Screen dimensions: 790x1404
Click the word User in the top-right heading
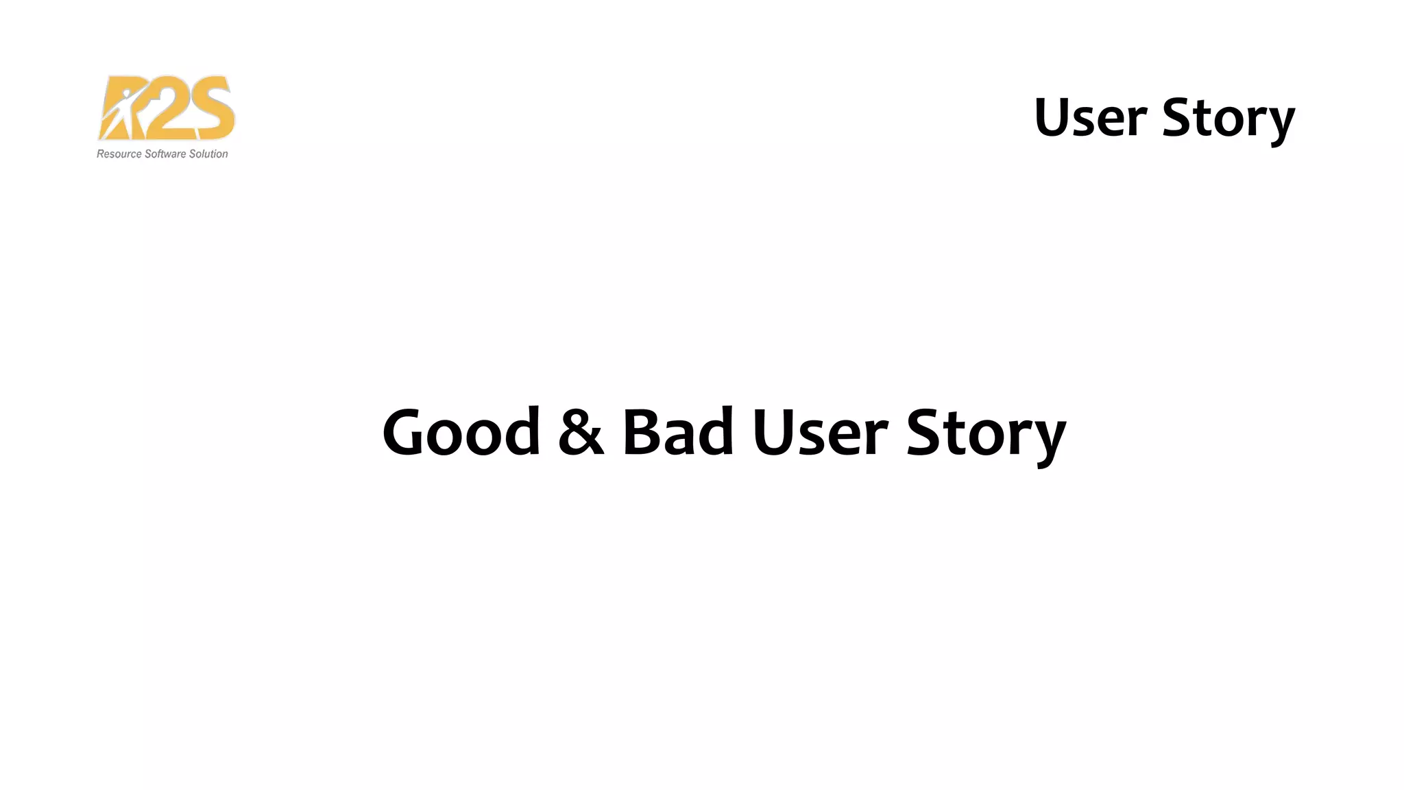click(1090, 118)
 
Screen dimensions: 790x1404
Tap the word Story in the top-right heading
click(1228, 119)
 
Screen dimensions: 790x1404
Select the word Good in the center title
click(461, 432)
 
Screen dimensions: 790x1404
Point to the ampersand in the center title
click(581, 432)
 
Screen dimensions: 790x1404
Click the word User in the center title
click(820, 432)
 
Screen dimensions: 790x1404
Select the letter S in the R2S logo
click(210, 108)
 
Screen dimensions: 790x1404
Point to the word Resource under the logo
click(119, 154)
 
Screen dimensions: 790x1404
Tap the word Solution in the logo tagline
click(208, 154)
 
